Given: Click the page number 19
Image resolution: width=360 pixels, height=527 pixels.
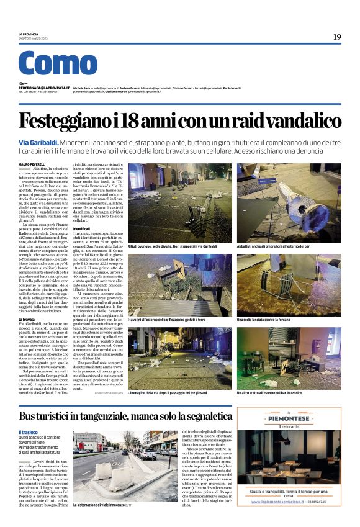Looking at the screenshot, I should pyautogui.click(x=337, y=37).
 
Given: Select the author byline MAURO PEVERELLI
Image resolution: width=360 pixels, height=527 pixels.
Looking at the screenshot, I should pyautogui.click(x=32, y=164).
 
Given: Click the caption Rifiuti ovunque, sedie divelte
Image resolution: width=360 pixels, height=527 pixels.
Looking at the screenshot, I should pyautogui.click(x=163, y=246).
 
